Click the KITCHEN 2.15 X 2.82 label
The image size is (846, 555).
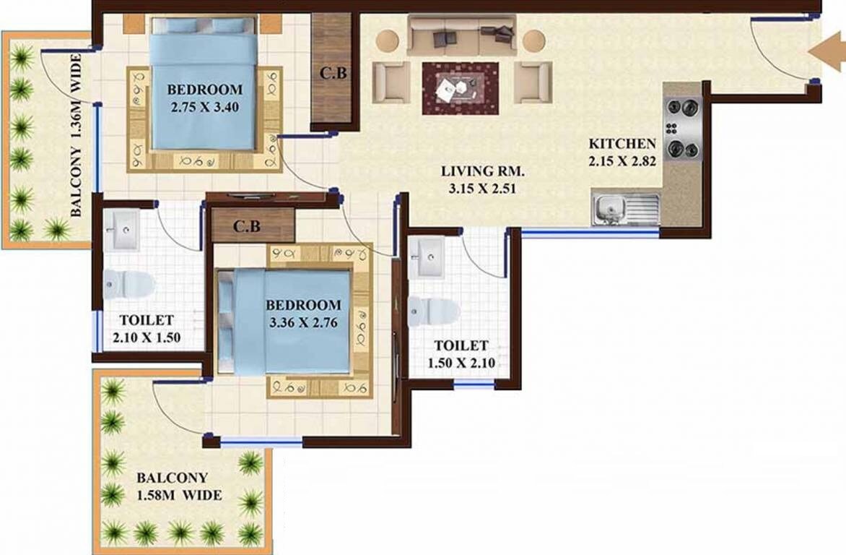pos(622,152)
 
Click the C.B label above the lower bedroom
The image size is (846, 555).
pos(246,226)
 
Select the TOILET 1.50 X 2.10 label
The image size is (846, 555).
pos(461,355)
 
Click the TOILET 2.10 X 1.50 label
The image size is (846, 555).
pos(146,328)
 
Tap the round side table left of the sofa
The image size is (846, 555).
pos(388,40)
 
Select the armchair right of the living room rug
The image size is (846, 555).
pos(532,81)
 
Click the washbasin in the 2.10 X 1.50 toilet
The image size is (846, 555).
pos(121,230)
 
